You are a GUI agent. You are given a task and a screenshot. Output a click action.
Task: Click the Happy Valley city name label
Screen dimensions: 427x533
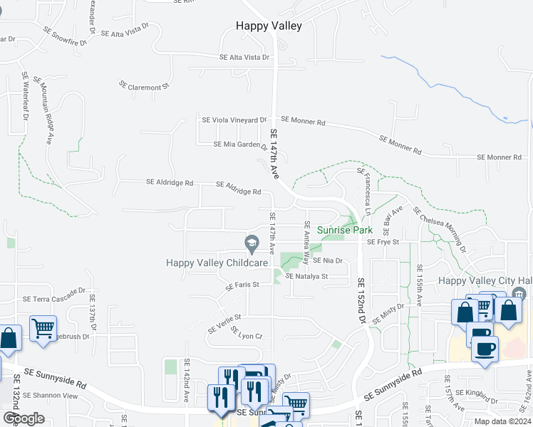(269, 26)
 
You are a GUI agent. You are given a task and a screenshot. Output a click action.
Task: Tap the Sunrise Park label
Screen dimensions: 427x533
(344, 231)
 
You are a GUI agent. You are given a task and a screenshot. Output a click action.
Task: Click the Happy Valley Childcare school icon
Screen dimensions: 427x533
(251, 243)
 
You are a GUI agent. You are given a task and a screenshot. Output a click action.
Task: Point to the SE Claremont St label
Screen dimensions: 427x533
(144, 87)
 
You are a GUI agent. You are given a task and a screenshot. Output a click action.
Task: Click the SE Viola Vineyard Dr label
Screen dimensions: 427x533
(234, 120)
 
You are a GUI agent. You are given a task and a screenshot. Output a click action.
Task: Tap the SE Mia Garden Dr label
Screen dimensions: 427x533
(240, 144)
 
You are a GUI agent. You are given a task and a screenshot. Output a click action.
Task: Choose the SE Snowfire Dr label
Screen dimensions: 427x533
(65, 36)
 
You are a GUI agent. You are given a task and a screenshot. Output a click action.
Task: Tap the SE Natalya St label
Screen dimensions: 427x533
(306, 276)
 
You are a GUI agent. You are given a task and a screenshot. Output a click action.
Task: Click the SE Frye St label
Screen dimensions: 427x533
(383, 242)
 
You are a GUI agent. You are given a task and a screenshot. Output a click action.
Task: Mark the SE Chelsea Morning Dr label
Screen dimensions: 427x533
(440, 231)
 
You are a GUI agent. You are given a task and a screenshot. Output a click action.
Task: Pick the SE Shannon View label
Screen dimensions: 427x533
(50, 395)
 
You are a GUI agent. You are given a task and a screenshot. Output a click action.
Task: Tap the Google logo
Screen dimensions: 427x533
(23, 418)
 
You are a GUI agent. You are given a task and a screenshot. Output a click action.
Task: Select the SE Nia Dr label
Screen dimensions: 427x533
(328, 260)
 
